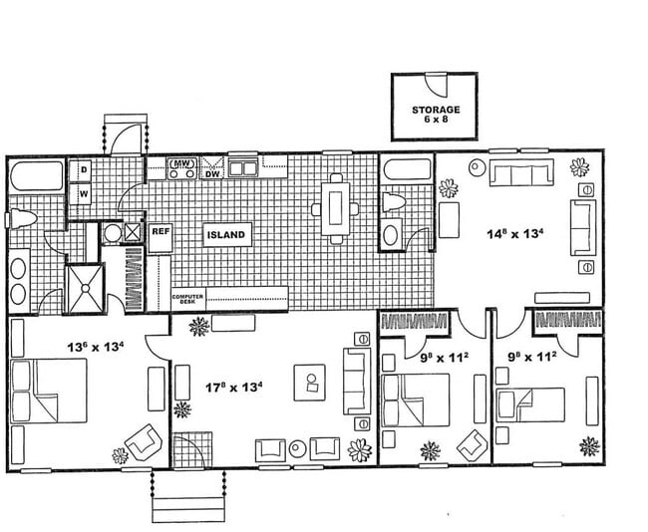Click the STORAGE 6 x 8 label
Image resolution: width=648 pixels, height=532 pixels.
point(435,115)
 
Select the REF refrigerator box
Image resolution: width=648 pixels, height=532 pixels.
point(161,231)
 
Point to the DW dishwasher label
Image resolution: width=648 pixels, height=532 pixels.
point(212,173)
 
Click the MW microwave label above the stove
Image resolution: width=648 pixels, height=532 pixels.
point(181,162)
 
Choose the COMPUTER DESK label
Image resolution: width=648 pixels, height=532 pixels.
point(188,298)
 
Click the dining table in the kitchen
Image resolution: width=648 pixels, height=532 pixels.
point(335,209)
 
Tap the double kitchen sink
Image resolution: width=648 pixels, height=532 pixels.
point(244,168)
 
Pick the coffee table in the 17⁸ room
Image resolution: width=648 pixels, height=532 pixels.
point(311,383)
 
